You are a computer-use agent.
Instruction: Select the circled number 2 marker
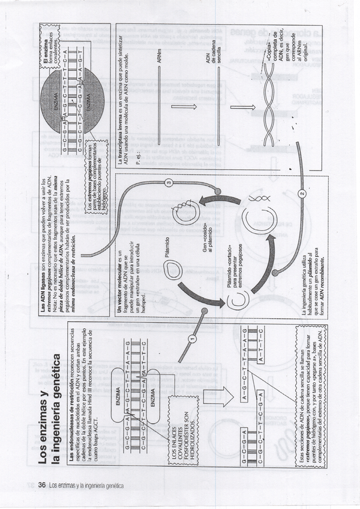pos(302,193)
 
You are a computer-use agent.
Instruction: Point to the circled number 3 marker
pos(170,182)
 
